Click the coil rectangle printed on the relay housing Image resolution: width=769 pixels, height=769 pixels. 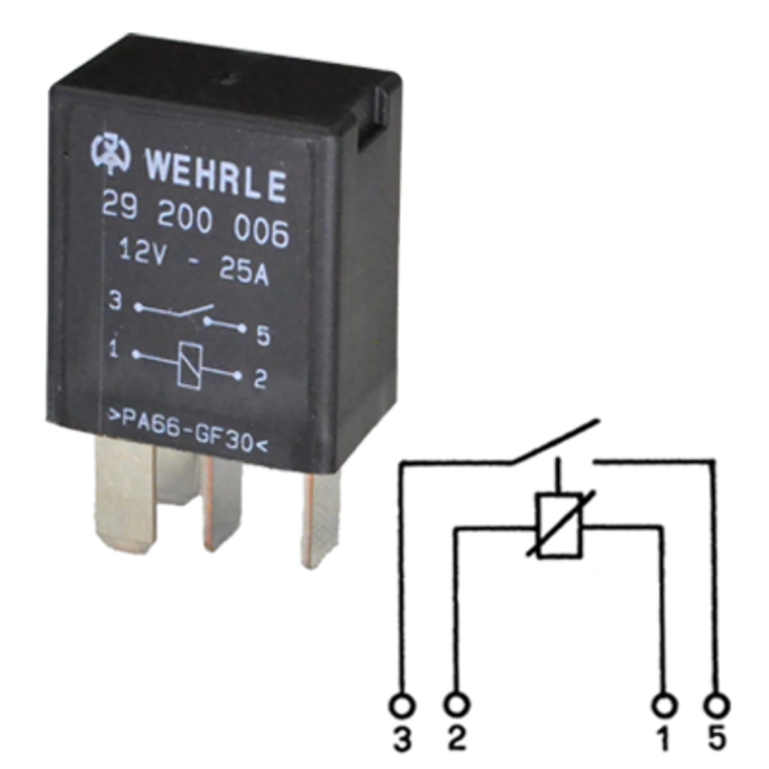[x=188, y=364]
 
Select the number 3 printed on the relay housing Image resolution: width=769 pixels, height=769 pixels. [x=115, y=302]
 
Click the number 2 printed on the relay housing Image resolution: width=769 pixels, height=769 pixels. [x=260, y=379]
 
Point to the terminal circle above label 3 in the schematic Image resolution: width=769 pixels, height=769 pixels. [x=402, y=706]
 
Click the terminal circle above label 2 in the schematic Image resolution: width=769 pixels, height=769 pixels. [x=456, y=706]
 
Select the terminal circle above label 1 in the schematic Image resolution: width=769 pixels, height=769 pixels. [x=665, y=706]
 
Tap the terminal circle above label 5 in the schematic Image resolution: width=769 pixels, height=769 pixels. [x=716, y=706]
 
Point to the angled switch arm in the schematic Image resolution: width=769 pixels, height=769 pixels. [x=555, y=442]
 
